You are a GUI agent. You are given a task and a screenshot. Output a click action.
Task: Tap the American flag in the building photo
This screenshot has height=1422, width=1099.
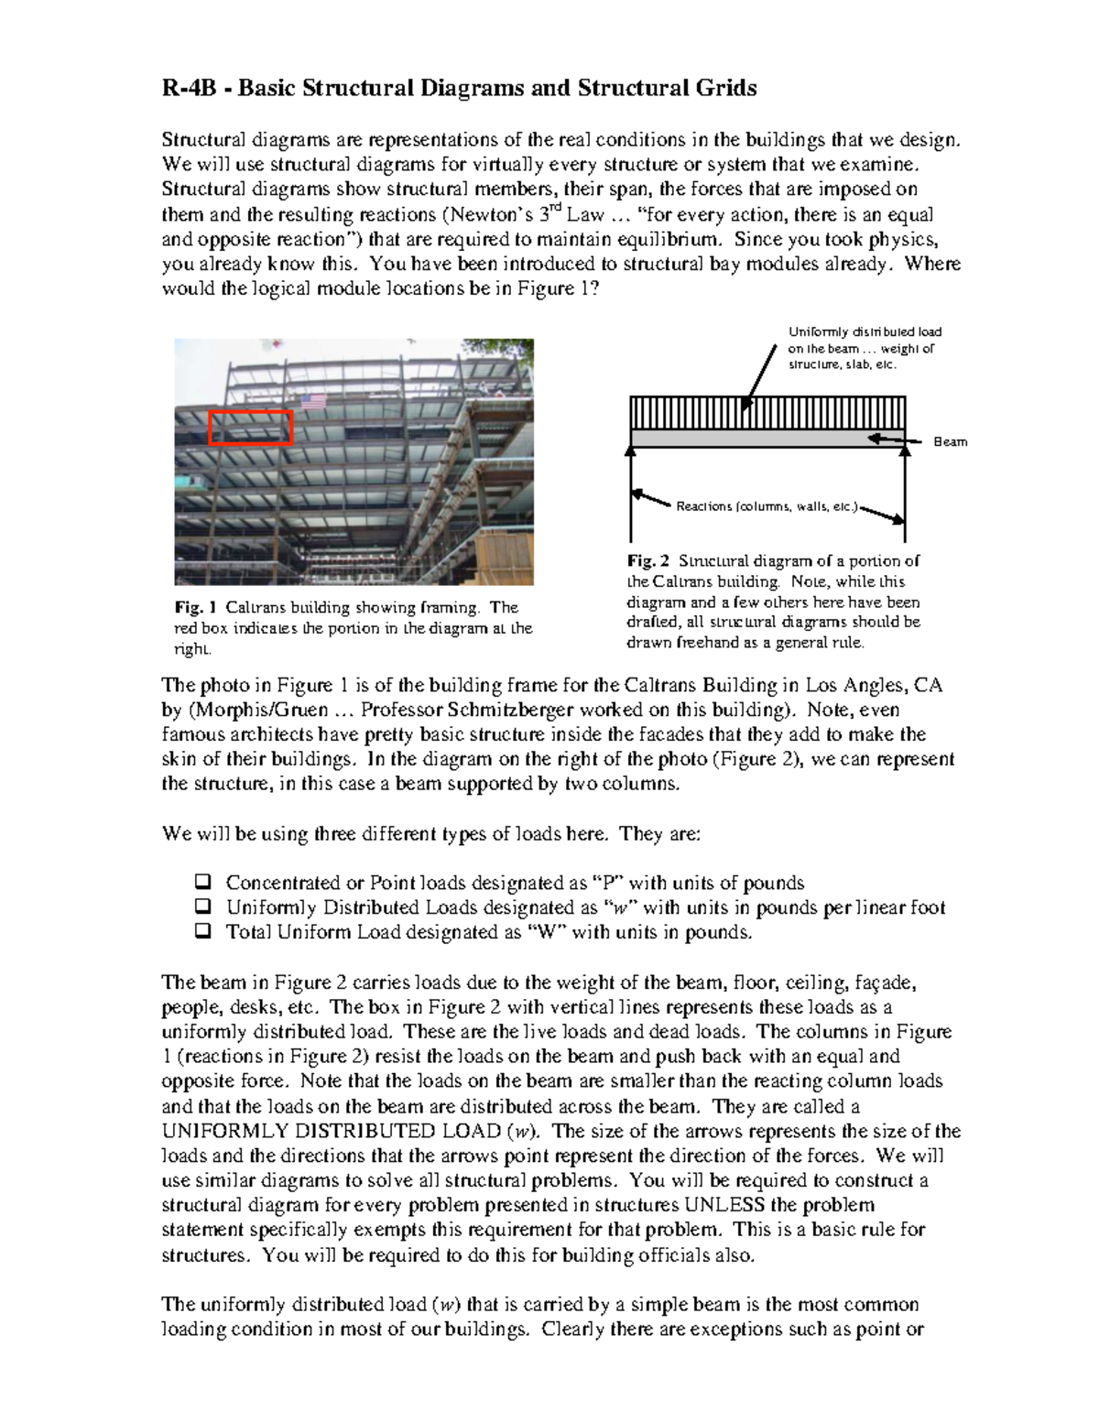[314, 402]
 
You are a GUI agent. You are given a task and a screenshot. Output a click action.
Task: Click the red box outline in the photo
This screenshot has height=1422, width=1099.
[250, 413]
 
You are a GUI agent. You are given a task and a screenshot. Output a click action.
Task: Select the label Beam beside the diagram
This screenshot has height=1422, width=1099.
[950, 442]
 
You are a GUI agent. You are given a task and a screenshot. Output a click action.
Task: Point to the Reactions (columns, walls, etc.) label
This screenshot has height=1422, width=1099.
[767, 506]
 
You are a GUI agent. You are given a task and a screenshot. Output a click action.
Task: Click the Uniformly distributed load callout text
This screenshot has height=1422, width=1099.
[864, 348]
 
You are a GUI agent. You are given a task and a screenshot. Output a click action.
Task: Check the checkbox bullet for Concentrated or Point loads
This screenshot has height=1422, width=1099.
[202, 883]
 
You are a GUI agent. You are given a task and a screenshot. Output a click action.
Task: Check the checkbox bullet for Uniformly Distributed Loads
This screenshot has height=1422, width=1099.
[202, 907]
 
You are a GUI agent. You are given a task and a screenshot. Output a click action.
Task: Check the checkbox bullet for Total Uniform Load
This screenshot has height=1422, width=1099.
[202, 932]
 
